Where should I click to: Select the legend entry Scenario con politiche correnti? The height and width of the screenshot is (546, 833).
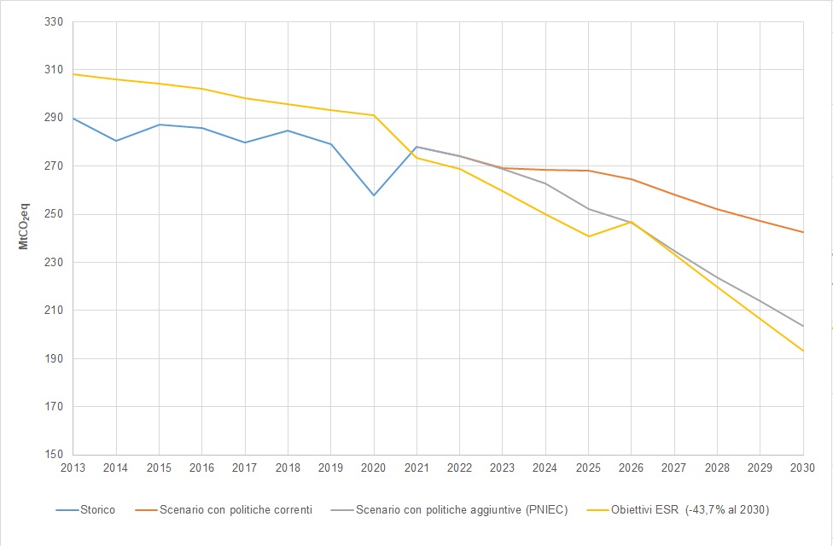coord(236,509)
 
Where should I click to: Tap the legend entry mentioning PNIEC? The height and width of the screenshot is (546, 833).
coord(462,509)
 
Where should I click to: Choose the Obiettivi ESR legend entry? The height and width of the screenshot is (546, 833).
coord(690,509)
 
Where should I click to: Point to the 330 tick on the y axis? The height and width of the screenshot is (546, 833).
coord(55,22)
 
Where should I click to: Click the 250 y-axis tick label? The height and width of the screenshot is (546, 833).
coord(55,214)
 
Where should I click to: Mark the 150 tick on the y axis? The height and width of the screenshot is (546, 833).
coord(55,455)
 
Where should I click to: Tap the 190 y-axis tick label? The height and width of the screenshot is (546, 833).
coord(55,358)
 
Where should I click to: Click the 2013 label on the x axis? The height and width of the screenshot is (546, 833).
coord(73,468)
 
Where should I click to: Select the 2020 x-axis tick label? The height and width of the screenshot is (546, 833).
coord(374,468)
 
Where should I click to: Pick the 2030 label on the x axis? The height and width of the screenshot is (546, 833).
coord(803,468)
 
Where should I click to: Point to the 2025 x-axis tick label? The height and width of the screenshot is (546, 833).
coord(588,468)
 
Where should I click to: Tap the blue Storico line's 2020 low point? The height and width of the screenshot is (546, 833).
coord(374,195)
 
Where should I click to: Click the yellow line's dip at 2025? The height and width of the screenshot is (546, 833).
coord(588,236)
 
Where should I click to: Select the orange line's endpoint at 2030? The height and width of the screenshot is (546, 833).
coord(803,232)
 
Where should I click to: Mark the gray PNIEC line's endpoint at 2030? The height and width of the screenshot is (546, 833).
coord(803,326)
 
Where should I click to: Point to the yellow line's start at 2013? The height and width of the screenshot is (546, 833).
coord(73,74)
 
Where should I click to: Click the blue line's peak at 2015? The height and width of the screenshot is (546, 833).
coord(159,125)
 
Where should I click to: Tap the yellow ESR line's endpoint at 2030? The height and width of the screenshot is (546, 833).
coord(803,351)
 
